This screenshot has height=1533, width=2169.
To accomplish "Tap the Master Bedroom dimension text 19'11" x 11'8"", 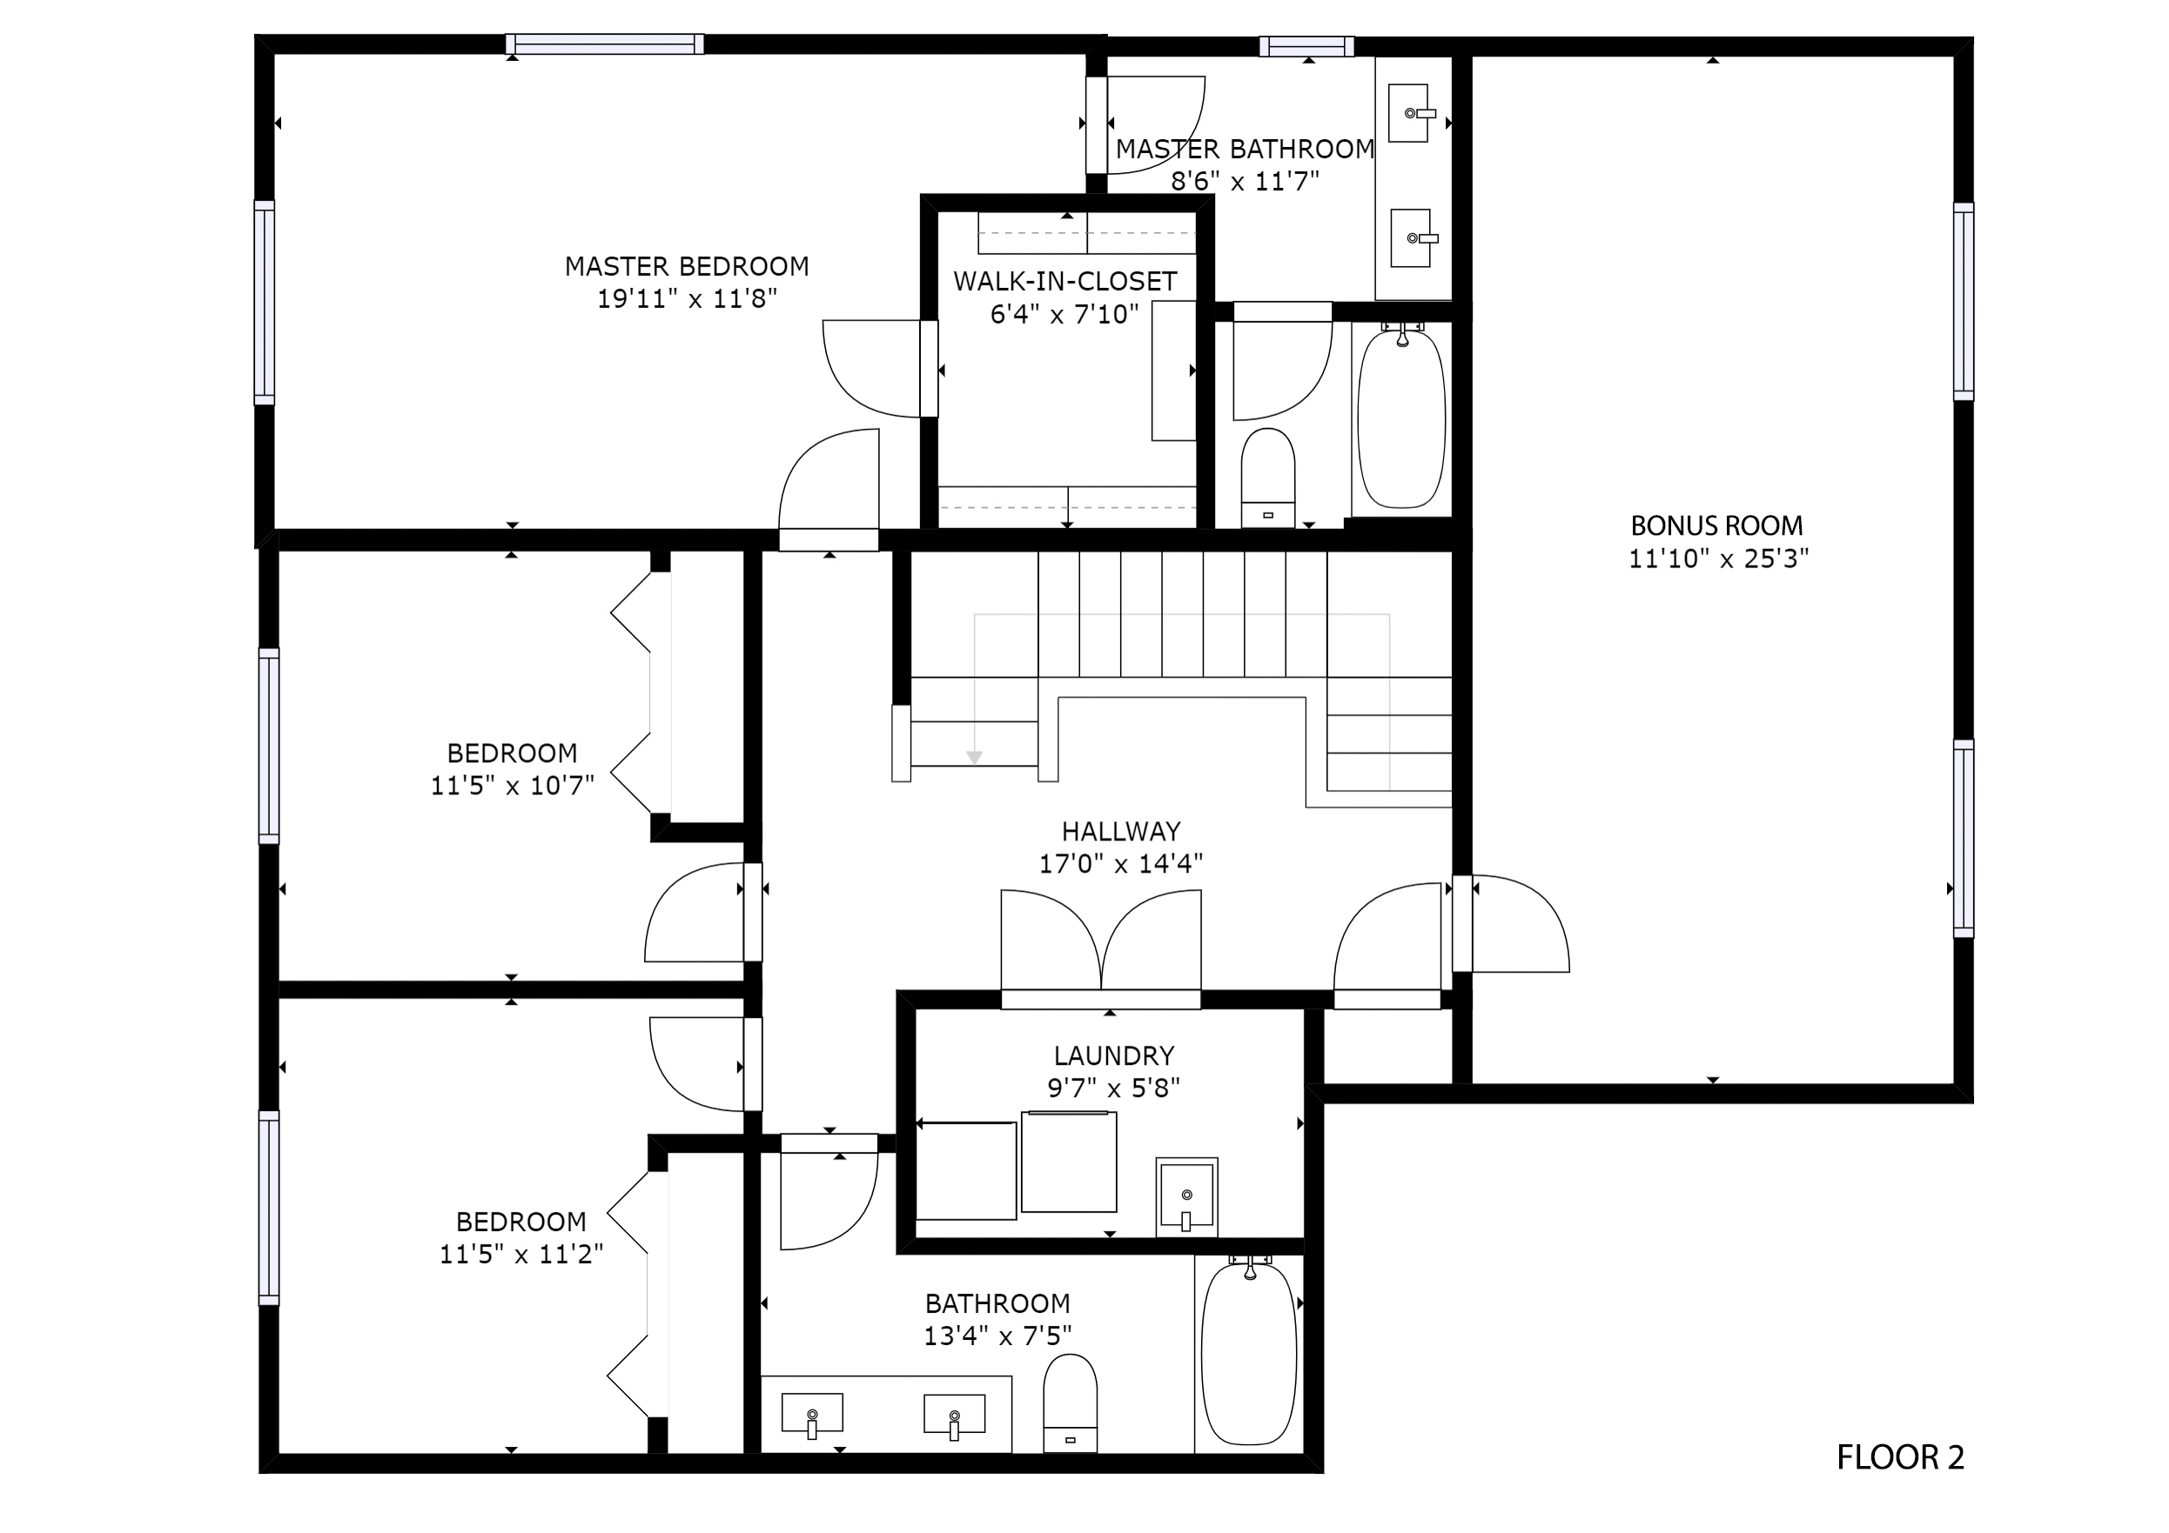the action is coord(687,298).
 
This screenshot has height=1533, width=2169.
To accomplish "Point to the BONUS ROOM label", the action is coord(1716,526).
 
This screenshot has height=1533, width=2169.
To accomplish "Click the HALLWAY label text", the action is coord(1120,831).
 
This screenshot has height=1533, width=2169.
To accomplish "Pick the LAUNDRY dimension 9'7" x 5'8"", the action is coord(1114,1088).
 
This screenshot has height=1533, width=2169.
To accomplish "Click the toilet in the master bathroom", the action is coord(1266,478).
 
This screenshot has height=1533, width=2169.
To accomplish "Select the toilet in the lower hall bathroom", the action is coord(1071,1402).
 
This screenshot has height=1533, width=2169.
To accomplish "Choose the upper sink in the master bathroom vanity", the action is coord(1410,113).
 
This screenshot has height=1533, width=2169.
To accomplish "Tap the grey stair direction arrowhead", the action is coord(974,758).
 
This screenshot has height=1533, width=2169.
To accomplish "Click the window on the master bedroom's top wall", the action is coord(605,44).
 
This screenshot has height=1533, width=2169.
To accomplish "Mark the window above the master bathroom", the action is coord(1306,46).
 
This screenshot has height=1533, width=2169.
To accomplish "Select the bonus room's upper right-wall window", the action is coord(1963,301).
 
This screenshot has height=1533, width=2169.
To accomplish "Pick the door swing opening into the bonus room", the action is coord(1521,924).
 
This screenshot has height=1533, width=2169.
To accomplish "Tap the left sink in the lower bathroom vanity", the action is coord(812,1414).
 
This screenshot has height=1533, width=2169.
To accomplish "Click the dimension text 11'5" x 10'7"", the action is coord(512,786).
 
